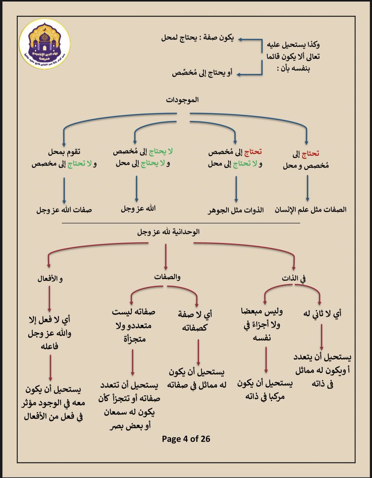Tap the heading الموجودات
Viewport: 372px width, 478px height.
pos(183,100)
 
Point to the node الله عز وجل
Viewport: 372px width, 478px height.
pos(138,208)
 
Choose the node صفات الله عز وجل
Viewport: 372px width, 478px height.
pos(64,210)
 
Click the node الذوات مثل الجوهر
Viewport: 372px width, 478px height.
pos(237,210)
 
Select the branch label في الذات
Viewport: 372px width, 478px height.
pos(294,278)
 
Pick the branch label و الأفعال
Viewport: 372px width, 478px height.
pos(49,278)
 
